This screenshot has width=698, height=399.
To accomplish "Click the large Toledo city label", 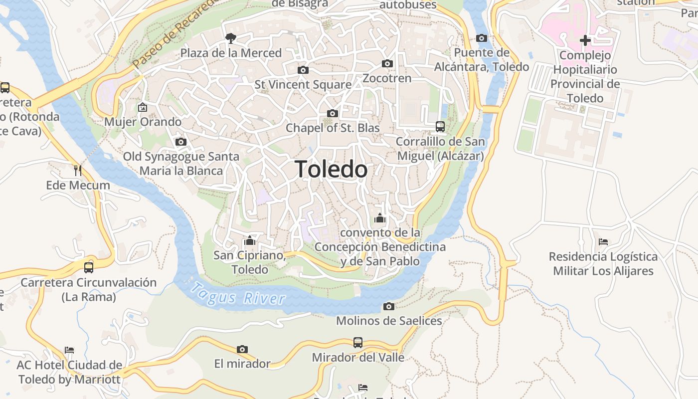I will click(x=331, y=170).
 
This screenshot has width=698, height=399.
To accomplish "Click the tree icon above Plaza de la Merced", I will click(x=230, y=37).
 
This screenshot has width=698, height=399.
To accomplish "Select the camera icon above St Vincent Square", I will click(x=303, y=70).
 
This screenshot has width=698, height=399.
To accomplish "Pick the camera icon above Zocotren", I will click(x=387, y=63).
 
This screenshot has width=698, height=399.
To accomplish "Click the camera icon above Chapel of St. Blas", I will click(x=333, y=113).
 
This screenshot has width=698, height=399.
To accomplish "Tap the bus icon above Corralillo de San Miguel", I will click(x=440, y=126).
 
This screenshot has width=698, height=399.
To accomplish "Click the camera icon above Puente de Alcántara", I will click(x=482, y=38).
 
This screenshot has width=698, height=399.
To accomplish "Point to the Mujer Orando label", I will click(x=143, y=122).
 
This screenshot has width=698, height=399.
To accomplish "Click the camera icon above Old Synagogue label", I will click(x=181, y=142).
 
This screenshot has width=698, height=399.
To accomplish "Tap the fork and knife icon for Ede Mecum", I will click(x=77, y=171).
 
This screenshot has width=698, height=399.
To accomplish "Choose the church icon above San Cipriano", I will click(x=250, y=241).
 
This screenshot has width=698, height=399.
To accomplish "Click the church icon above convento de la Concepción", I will click(x=380, y=218).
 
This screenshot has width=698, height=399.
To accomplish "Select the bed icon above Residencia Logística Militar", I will click(x=603, y=242).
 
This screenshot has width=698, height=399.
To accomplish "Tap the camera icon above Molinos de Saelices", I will click(x=389, y=306).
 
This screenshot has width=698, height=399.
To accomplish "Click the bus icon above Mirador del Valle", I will click(x=358, y=343).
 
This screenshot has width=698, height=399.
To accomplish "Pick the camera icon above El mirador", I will click(x=242, y=349).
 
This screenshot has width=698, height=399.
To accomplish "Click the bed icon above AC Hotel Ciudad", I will click(x=69, y=350).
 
